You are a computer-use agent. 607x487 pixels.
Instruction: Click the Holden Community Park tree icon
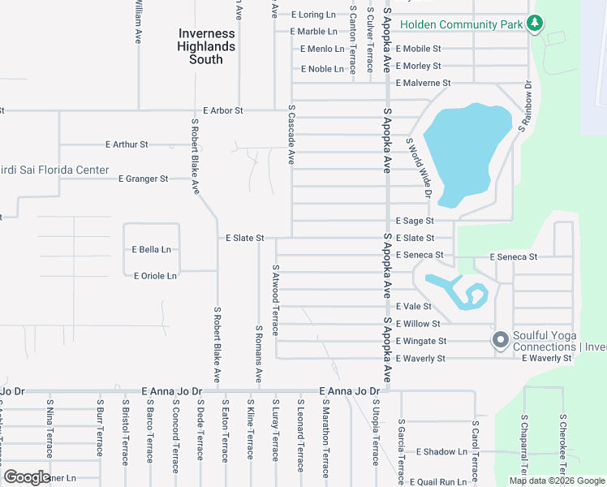pyautogui.click(x=534, y=24)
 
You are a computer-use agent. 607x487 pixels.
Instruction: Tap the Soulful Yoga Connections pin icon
pyautogui.click(x=500, y=338)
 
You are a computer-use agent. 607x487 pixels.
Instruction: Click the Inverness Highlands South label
pyautogui.click(x=206, y=46)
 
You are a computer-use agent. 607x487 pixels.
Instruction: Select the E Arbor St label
pyautogui.click(x=224, y=110)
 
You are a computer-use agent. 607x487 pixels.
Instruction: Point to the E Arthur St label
pyautogui.click(x=127, y=144)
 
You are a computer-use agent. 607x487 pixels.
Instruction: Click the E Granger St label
pyautogui.click(x=143, y=179)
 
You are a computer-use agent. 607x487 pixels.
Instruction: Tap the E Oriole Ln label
pyautogui.click(x=155, y=276)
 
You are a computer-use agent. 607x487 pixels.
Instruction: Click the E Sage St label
pyautogui.click(x=415, y=221)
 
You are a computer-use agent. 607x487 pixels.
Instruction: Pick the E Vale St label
pyautogui.click(x=413, y=307)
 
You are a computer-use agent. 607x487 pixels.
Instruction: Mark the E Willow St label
pyautogui.click(x=418, y=324)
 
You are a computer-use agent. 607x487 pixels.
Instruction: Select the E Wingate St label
pyautogui.click(x=421, y=341)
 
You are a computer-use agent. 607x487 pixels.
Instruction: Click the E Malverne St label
pyautogui.click(x=423, y=83)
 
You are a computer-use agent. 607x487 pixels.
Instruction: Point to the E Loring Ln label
pyautogui.click(x=312, y=15)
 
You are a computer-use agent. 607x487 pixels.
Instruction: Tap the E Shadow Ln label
pyautogui.click(x=441, y=452)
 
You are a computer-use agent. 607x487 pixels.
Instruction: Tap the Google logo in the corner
pyautogui.click(x=28, y=477)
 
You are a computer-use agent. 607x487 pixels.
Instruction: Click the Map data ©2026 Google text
pyautogui.click(x=557, y=481)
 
